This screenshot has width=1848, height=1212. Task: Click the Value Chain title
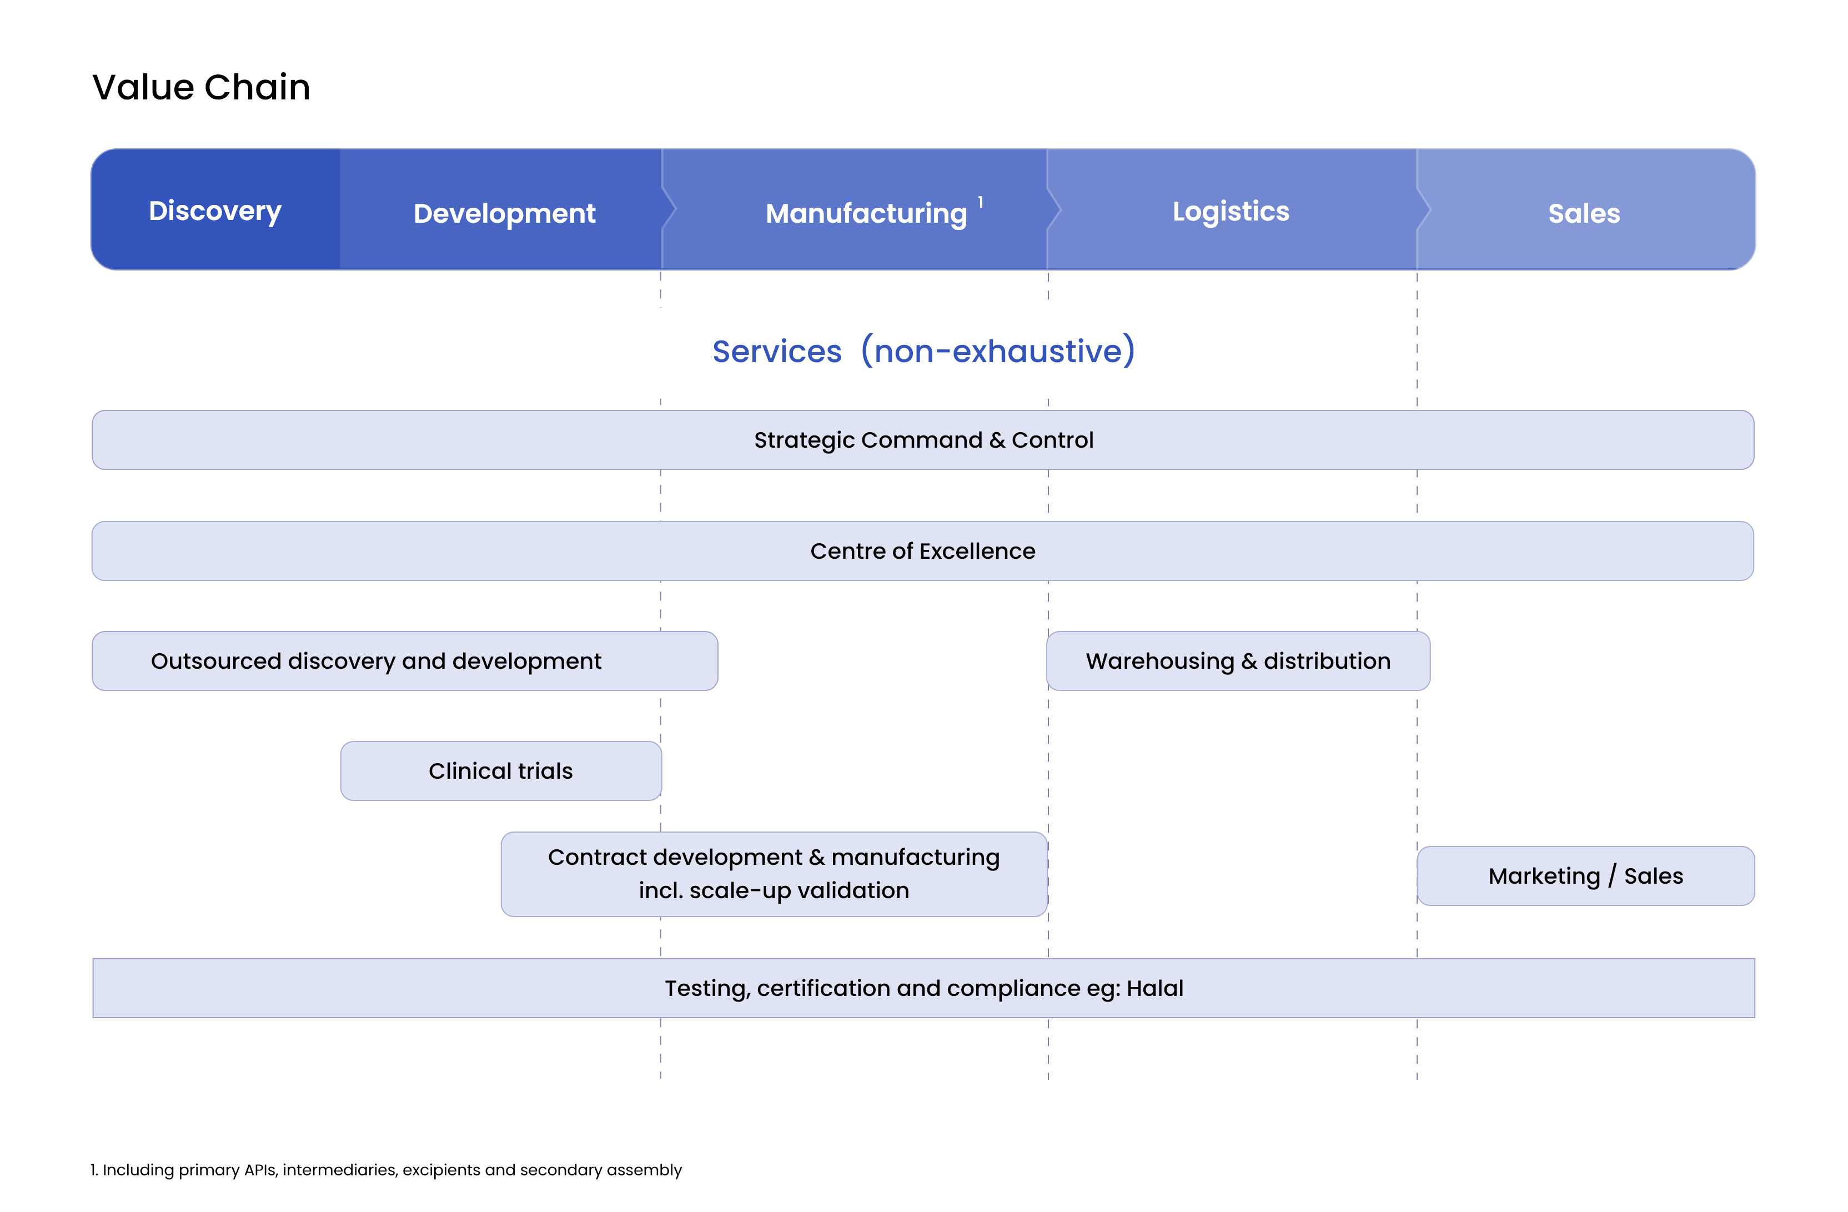coord(201,87)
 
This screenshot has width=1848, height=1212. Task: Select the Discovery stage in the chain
coord(215,211)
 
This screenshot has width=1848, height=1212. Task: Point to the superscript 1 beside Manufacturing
coord(981,202)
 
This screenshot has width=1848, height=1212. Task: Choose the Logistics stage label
coord(1231,211)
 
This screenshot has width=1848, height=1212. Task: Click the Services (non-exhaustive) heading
coord(924,351)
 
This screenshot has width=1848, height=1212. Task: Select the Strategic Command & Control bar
coord(923,440)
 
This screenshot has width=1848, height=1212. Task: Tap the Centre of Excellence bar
coord(923,551)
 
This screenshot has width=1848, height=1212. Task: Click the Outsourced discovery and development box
coord(405,661)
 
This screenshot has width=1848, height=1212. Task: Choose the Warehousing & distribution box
coord(1238,661)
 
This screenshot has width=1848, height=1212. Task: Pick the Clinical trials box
coord(501,771)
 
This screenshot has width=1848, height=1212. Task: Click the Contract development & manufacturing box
coord(774,874)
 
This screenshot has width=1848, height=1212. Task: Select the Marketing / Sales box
coord(1585,875)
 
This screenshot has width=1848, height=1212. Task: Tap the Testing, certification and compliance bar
coord(924,988)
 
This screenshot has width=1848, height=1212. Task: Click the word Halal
coord(1156,988)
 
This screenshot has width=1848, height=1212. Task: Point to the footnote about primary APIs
coord(386,1170)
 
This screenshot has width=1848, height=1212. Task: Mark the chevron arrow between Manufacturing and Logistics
coord(1054,210)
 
